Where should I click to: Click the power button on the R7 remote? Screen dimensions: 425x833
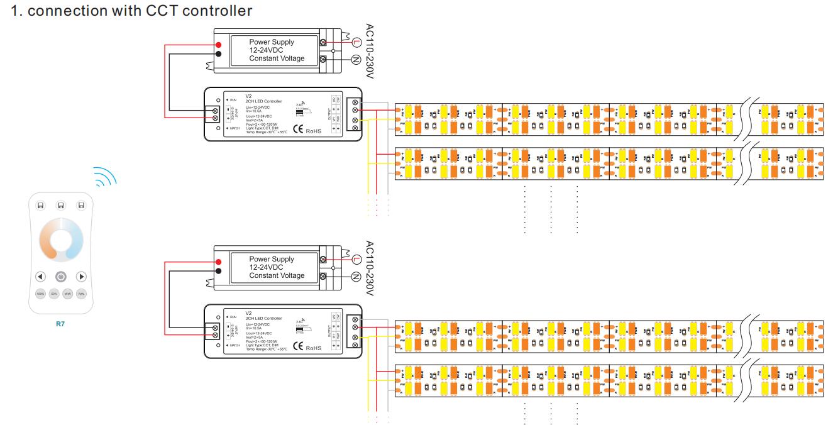[61, 277]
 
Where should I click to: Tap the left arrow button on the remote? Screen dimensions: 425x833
[40, 277]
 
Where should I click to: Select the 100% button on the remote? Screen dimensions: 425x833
[40, 294]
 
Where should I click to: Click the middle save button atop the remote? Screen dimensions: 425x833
[61, 205]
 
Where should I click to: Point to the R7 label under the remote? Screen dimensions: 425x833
[61, 324]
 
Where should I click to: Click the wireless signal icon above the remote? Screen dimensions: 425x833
[105, 178]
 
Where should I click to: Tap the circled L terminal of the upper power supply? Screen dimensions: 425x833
[356, 43]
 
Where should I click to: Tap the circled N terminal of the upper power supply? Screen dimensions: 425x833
[356, 60]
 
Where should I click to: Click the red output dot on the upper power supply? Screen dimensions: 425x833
[218, 45]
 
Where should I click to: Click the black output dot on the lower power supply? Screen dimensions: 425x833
[218, 271]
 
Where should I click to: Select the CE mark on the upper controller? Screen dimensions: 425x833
[299, 130]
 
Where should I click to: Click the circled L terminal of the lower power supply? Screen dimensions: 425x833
[356, 260]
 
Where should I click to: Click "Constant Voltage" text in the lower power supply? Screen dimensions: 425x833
[277, 275]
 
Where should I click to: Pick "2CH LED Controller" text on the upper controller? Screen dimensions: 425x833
[263, 101]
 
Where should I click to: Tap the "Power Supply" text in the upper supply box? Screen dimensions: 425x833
[272, 42]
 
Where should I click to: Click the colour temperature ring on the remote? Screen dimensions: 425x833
[61, 240]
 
